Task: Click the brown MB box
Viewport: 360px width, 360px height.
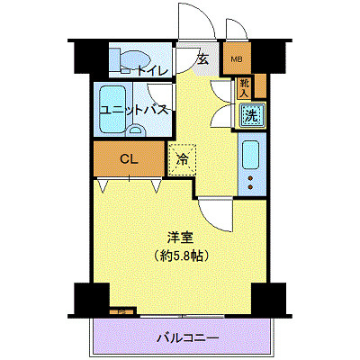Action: pyautogui.click(x=237, y=60)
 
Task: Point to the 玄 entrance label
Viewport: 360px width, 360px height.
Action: pyautogui.click(x=202, y=60)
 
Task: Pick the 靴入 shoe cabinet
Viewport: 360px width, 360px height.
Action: pyautogui.click(x=246, y=87)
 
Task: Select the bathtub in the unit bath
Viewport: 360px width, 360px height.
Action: pyautogui.click(x=113, y=108)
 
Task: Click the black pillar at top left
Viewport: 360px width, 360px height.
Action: pyautogui.click(x=84, y=56)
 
